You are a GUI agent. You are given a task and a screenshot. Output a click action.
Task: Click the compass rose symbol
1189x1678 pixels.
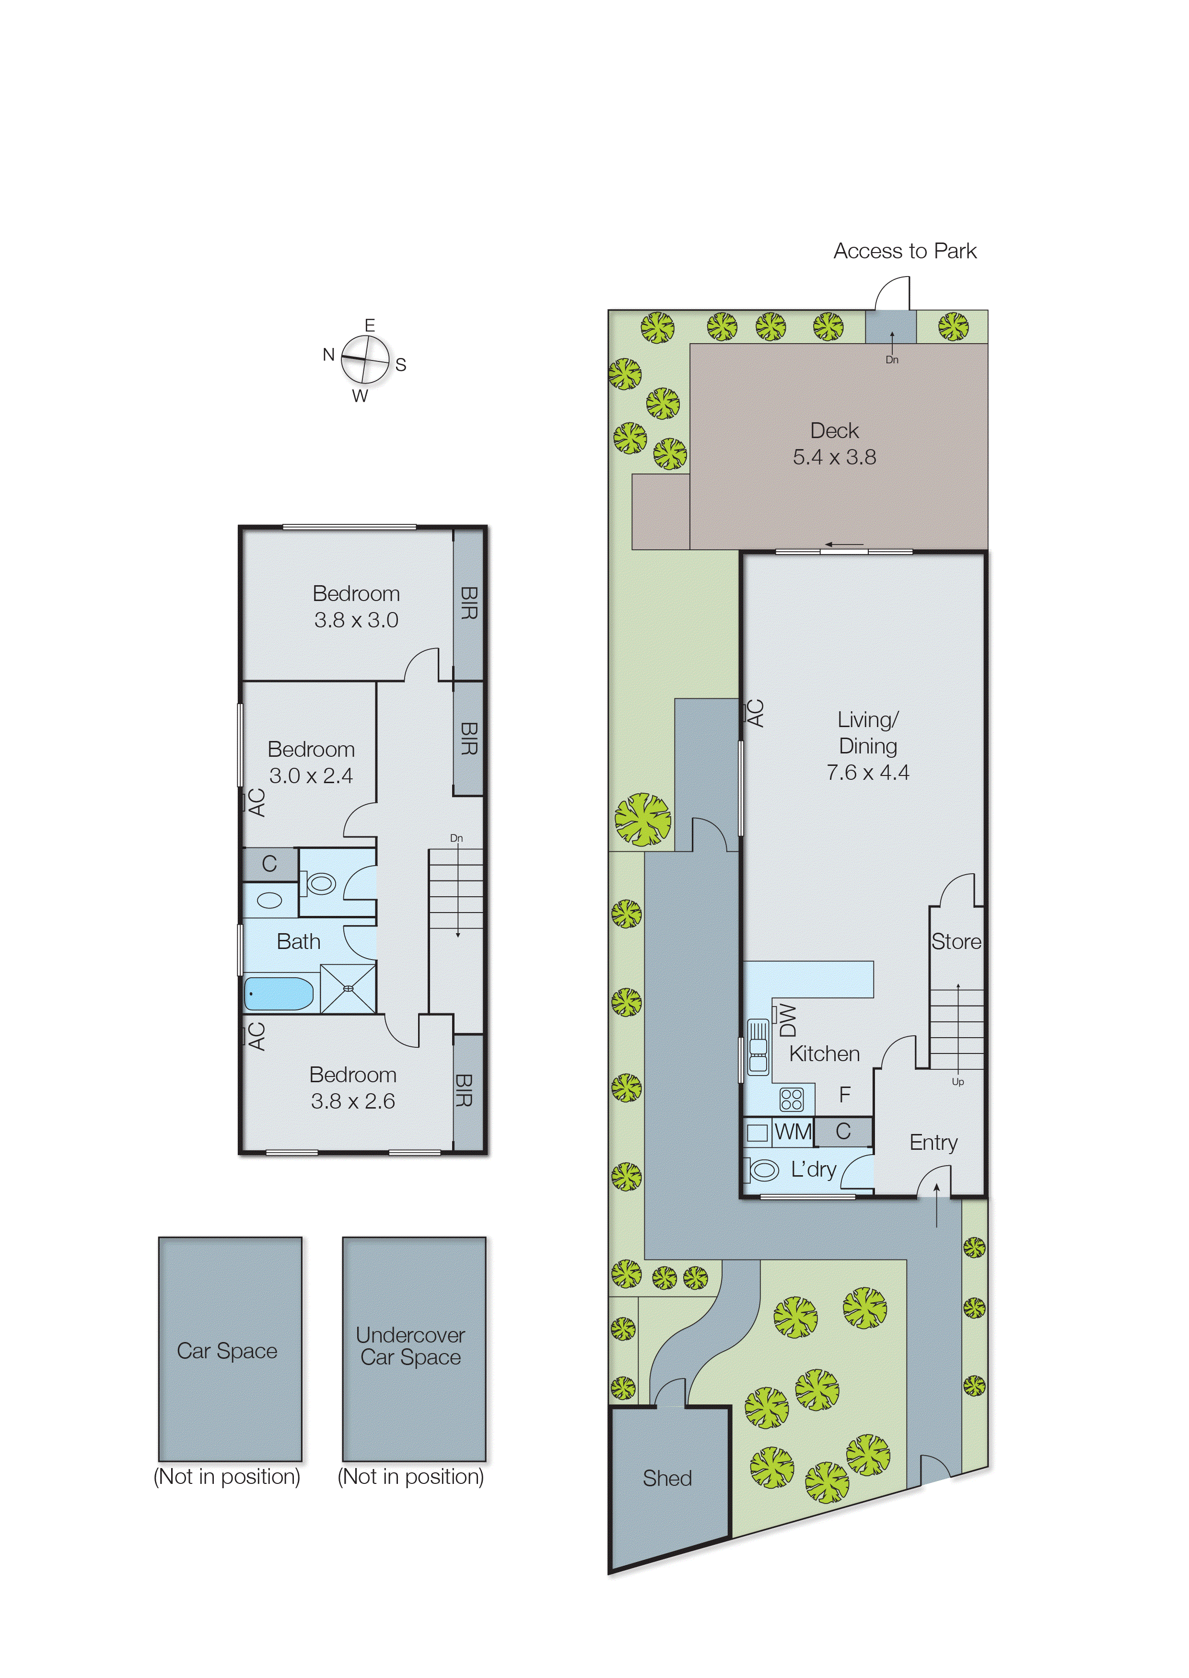(364, 360)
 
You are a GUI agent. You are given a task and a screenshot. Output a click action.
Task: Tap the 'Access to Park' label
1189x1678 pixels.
(904, 251)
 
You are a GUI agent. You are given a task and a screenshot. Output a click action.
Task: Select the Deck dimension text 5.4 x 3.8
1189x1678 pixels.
(834, 457)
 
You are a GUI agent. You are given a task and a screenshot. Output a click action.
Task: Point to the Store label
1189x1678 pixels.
(956, 942)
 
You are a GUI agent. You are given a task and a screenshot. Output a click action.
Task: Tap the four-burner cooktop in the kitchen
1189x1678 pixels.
(792, 1099)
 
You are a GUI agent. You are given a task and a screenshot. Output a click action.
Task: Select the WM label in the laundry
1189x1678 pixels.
(793, 1132)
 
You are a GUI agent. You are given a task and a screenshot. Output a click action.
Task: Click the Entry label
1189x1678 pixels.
(933, 1142)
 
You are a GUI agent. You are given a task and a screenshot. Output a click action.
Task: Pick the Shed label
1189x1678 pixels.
(667, 1478)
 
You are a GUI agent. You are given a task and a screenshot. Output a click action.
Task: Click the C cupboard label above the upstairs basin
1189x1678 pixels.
(269, 864)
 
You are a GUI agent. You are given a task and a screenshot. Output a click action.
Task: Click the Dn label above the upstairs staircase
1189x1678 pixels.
(456, 838)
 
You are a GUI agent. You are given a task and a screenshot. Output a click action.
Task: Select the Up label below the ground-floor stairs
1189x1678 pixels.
(957, 1082)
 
